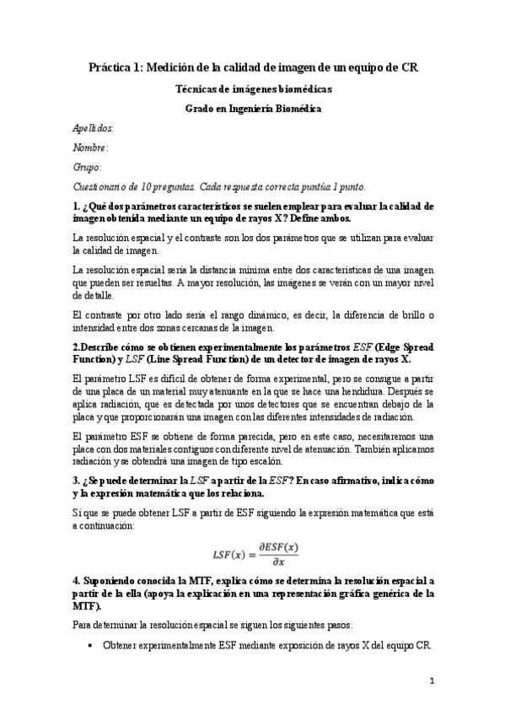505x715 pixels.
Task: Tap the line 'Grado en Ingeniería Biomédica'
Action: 253,108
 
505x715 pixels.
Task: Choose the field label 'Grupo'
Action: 88,167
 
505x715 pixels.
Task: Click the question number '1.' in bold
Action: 78,206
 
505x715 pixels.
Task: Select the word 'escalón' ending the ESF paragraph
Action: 272,461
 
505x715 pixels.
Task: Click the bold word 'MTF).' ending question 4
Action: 89,605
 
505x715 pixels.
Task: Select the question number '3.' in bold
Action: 78,481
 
